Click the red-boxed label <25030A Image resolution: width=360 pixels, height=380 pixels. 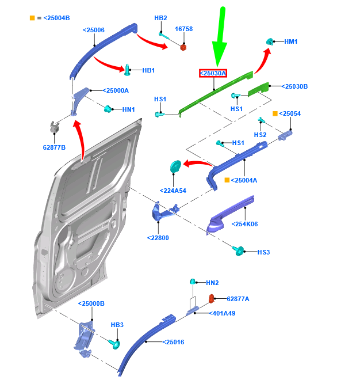(x=213, y=73)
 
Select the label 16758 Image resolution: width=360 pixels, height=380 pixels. (x=184, y=29)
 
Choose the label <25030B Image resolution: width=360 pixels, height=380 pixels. (x=294, y=87)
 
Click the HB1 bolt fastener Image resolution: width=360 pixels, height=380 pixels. (x=127, y=70)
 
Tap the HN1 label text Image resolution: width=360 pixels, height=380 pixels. (x=128, y=109)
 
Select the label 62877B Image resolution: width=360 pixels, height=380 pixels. (x=54, y=147)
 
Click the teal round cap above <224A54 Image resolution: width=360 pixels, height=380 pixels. (x=176, y=167)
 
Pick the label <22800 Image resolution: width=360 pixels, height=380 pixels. (x=158, y=237)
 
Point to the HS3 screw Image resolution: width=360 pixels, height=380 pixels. (x=238, y=251)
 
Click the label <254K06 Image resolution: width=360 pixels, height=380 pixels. (x=244, y=224)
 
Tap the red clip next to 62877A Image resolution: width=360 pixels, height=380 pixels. (x=211, y=298)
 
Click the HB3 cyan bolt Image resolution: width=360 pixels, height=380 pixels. (x=114, y=344)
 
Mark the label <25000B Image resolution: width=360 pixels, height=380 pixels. (x=92, y=303)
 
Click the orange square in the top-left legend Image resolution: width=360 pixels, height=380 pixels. (x=32, y=18)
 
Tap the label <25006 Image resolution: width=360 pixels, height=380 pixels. (x=93, y=29)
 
